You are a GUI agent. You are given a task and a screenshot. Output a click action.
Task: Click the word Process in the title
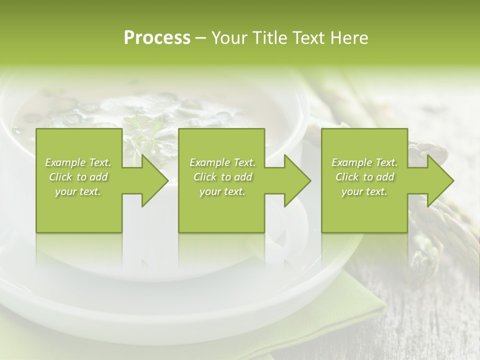tap(157, 38)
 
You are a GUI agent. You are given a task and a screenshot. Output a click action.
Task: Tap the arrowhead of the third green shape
tap(439, 181)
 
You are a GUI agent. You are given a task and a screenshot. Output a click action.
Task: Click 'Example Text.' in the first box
tap(78, 162)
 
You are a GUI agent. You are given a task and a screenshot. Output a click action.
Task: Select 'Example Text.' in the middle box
tap(222, 162)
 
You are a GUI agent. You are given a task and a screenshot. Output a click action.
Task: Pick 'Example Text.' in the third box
tap(364, 162)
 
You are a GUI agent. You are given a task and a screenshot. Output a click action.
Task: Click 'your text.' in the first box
tap(78, 191)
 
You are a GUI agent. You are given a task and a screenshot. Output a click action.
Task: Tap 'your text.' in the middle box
tap(222, 191)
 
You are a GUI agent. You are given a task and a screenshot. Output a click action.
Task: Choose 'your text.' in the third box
tap(364, 191)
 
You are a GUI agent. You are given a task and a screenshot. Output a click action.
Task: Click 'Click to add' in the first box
tap(78, 177)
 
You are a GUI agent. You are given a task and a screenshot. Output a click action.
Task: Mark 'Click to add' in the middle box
tap(222, 177)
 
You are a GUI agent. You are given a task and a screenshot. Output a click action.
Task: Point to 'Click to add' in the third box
tap(364, 177)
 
